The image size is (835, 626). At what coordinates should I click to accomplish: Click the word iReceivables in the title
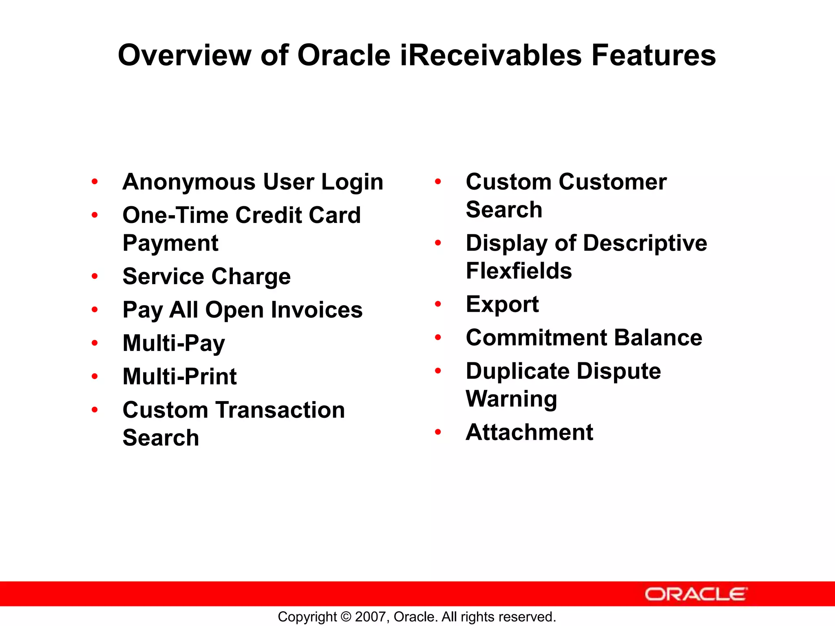[x=491, y=55]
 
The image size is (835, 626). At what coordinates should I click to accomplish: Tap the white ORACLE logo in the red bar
[x=696, y=594]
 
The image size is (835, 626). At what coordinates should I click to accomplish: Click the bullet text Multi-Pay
[x=174, y=343]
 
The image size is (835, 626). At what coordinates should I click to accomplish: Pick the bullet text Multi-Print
[x=179, y=376]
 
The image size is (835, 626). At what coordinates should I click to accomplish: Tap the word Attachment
[x=529, y=432]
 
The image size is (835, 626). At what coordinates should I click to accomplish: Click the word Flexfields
[x=519, y=271]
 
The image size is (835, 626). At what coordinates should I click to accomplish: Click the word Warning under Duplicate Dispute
[x=511, y=399]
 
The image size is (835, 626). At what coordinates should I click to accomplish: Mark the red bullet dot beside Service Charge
[x=95, y=277]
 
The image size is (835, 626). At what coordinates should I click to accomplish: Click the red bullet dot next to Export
[x=438, y=304]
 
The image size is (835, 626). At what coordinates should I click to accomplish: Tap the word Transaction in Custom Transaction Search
[x=281, y=410]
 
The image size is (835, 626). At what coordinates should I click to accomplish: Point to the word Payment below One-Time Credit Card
[x=170, y=244]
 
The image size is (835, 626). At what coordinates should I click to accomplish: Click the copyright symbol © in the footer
[x=346, y=617]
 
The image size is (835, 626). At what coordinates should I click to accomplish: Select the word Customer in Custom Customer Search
[x=612, y=182]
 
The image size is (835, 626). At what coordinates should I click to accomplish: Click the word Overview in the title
[x=184, y=55]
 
